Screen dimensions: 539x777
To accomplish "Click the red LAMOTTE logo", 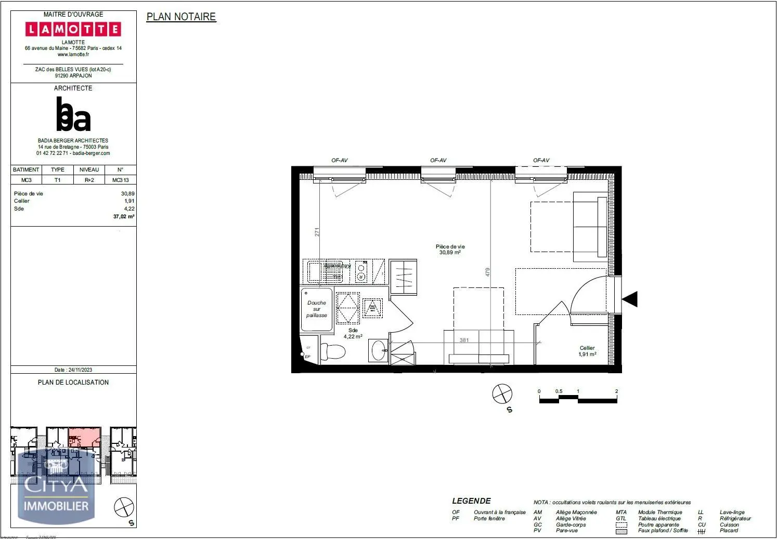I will (x=73, y=29).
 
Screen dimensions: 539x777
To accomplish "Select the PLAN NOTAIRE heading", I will (x=181, y=17).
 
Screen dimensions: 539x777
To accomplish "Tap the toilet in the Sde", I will (x=333, y=352).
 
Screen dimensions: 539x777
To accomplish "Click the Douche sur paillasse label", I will (x=316, y=309).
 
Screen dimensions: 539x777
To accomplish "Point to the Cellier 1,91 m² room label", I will (x=587, y=351).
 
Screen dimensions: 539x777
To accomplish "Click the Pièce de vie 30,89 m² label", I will (x=450, y=249).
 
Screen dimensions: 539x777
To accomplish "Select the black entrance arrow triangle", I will (x=630, y=299).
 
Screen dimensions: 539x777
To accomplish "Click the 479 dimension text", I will (x=488, y=272).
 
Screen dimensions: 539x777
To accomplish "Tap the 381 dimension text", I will (x=464, y=340).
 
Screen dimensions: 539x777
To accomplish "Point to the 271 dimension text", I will (x=317, y=232).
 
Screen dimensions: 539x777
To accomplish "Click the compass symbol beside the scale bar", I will (x=502, y=393).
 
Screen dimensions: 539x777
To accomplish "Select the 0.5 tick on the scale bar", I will (x=559, y=391).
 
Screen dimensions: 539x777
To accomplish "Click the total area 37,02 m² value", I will (x=124, y=217).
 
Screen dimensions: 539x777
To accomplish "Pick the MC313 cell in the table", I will (x=120, y=180).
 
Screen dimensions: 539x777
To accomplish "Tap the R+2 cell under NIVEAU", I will (x=89, y=180).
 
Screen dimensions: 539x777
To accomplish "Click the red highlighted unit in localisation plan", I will (x=85, y=437).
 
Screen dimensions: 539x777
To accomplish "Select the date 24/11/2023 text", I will (x=73, y=370).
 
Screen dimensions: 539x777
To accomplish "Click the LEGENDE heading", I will (x=471, y=501).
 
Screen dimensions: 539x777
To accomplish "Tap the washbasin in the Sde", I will (x=378, y=349).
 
